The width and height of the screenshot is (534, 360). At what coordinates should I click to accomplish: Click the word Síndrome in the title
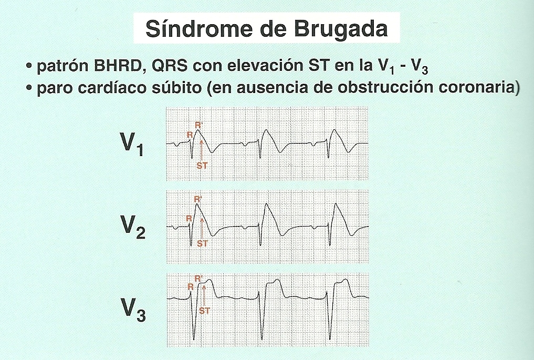coord(191,29)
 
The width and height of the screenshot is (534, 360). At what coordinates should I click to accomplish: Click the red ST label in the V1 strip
coord(202,166)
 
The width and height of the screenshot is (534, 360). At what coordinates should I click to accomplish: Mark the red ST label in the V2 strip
coord(202,243)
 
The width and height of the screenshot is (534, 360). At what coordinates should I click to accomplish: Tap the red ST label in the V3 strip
coord(204,311)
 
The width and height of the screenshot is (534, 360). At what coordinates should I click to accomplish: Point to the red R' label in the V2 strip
coord(198,200)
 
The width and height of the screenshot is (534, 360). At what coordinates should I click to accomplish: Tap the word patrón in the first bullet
coord(56,68)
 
